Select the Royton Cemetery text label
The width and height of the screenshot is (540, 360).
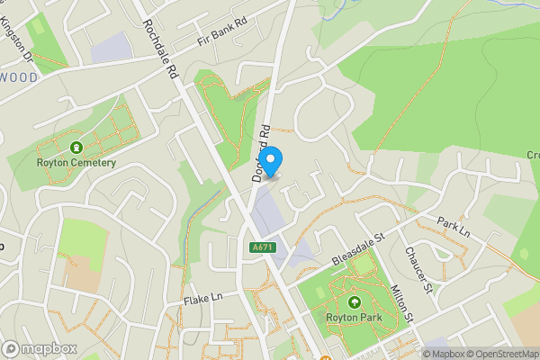click(x=76, y=163)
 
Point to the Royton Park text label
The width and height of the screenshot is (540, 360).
click(x=354, y=319)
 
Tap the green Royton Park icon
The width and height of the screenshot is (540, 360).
click(x=354, y=303)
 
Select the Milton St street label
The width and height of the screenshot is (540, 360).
click(x=401, y=304)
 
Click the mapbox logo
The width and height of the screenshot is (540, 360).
click(x=39, y=348)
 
